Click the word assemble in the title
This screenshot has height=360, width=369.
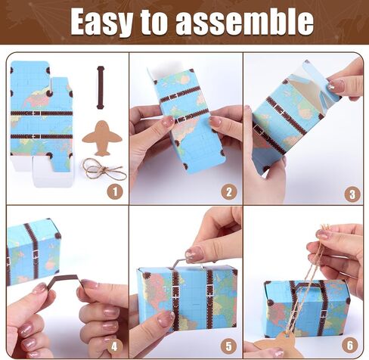pos(244,21)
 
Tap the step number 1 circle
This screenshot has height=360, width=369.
pos(115,192)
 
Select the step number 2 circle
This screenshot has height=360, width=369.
pos(229,192)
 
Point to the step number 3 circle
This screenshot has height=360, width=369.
pos(352,194)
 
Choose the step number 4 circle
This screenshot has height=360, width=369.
pos(114,347)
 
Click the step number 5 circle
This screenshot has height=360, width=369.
pos(228,346)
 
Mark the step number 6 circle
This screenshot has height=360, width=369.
pos(350,345)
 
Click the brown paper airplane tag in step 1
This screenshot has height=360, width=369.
pos(102,138)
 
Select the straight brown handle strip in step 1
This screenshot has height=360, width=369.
pos(101,88)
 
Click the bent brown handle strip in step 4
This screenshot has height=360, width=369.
pos(66,279)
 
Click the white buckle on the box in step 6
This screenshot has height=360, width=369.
pos(324,314)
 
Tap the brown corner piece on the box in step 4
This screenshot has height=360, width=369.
pos(57,235)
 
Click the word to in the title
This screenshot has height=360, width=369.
pos(154,22)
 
